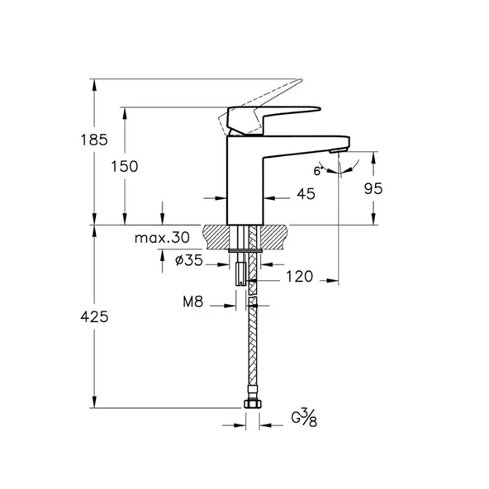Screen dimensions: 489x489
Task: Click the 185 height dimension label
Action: [x=94, y=140]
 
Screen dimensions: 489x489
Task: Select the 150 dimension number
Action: [x=125, y=166]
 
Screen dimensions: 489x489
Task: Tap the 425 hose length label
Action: [x=94, y=317]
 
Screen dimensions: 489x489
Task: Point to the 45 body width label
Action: [x=306, y=194]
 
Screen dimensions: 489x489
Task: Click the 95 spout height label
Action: [x=373, y=188]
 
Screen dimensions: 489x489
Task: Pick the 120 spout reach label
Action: [x=299, y=277]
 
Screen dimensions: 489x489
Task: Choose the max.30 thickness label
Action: [x=162, y=238]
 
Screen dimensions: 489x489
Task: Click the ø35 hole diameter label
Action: [x=189, y=260]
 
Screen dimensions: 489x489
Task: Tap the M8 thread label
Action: [x=193, y=301]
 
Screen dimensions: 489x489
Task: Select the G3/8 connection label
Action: [x=304, y=417]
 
